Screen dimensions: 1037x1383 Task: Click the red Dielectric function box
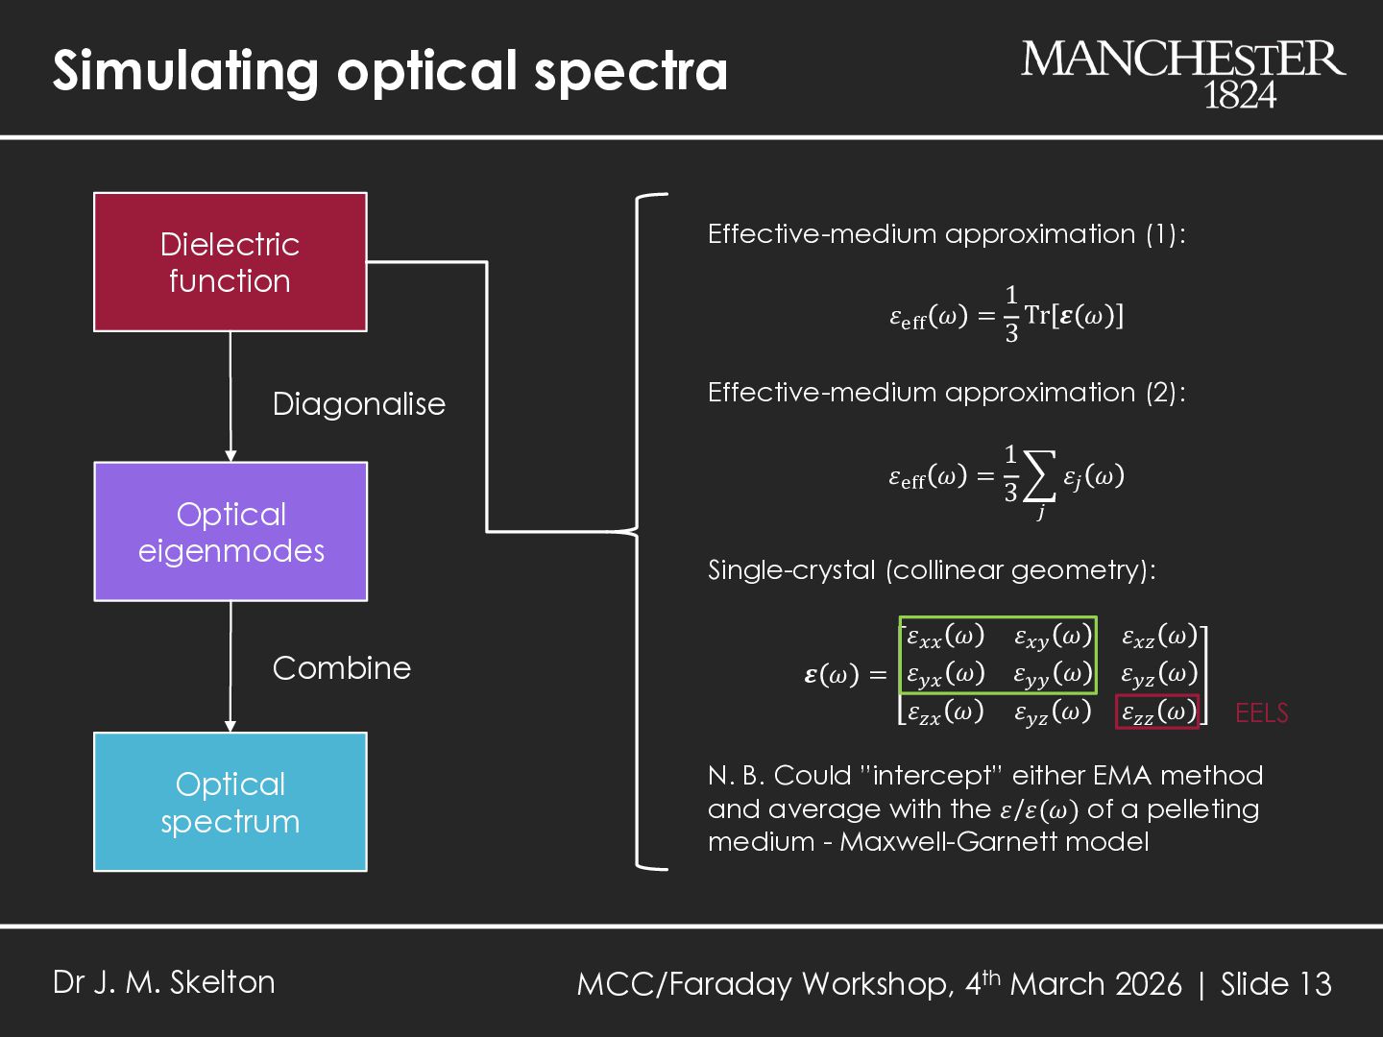[230, 262]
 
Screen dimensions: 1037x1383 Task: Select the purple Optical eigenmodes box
[230, 532]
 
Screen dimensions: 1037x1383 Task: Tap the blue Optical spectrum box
[230, 802]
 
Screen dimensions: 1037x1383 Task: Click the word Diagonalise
[358, 404]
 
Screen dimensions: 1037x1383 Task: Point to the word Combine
[341, 668]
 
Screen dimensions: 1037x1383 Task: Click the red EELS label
[1261, 713]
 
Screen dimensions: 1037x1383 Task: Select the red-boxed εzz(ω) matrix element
[1157, 711]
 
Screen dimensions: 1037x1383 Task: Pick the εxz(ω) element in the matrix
[1159, 636]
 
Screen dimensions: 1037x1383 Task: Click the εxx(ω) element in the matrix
[946, 636]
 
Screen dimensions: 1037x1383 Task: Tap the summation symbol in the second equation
[1039, 476]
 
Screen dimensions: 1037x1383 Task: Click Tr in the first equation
[1037, 315]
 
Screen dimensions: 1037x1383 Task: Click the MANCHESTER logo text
[1183, 60]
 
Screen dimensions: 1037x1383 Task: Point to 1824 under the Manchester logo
[1240, 95]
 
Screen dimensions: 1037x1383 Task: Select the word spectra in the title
[631, 71]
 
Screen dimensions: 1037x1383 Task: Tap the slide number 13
[1315, 984]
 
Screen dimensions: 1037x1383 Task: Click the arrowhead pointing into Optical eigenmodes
[230, 455]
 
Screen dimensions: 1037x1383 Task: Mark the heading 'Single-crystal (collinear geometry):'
[932, 570]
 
